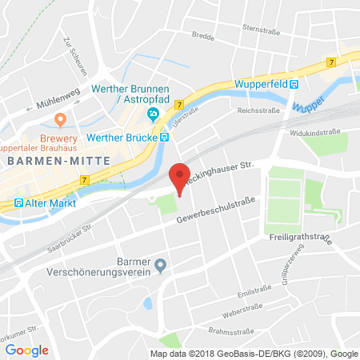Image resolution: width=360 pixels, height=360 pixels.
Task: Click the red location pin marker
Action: [x=180, y=178]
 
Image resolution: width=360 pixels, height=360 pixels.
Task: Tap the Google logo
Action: [x=26, y=350]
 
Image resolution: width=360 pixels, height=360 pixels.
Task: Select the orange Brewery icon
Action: [x=59, y=120]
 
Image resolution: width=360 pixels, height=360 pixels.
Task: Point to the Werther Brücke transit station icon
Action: [x=164, y=137]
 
